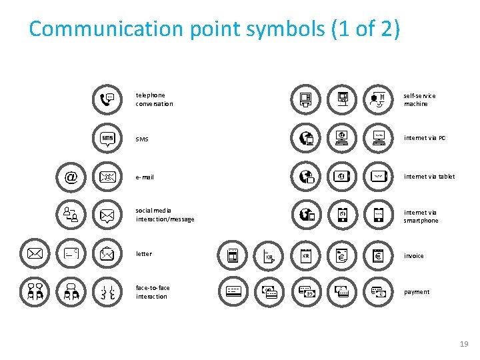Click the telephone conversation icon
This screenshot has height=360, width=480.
[107, 100]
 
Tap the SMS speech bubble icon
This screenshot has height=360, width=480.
[107, 138]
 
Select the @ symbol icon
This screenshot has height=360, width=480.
[71, 177]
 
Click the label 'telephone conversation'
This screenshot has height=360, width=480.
[154, 99]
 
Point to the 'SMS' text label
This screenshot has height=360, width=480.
[142, 139]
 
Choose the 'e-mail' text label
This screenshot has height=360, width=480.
[145, 177]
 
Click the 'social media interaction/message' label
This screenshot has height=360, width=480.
[165, 215]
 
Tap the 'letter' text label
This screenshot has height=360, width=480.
[144, 253]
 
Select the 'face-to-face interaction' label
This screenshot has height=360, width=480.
[153, 292]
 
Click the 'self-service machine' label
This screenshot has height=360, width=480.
[419, 99]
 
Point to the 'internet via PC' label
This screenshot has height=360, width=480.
[425, 138]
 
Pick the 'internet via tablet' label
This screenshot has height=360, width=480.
[429, 177]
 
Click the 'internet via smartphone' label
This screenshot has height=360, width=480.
[421, 216]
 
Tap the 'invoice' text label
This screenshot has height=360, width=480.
[414, 255]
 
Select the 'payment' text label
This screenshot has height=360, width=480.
[417, 292]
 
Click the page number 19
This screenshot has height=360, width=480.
[464, 344]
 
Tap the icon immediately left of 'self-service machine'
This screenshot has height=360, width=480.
[378, 100]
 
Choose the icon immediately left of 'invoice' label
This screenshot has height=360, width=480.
[378, 255]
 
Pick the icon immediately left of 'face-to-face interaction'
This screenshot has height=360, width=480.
[107, 292]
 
